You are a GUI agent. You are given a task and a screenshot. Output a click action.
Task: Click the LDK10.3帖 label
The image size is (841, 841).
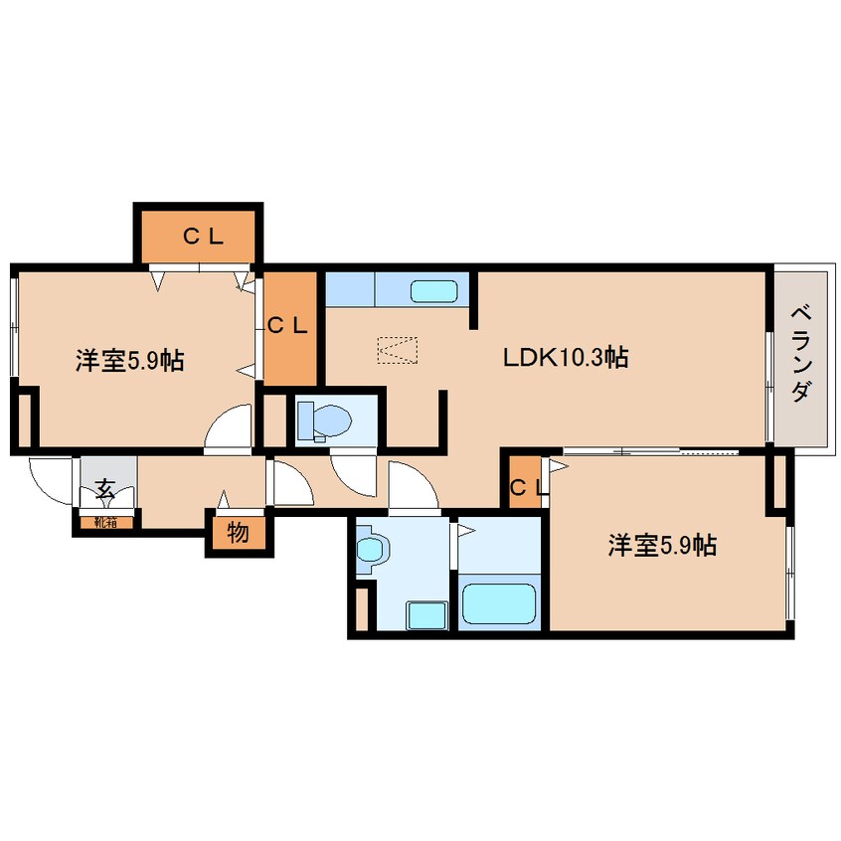tap(565, 358)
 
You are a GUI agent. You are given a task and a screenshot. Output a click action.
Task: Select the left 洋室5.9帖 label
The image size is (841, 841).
tap(129, 361)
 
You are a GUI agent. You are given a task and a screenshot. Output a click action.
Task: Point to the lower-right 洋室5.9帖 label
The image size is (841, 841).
tap(663, 545)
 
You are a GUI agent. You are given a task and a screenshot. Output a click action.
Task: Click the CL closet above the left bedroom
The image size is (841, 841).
tap(199, 237)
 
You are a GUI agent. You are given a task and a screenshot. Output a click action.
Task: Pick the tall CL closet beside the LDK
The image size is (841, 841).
tap(290, 326)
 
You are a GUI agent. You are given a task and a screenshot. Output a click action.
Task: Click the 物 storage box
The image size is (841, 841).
tap(238, 533)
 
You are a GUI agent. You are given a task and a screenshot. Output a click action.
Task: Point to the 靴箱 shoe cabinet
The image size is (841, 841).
tap(105, 520)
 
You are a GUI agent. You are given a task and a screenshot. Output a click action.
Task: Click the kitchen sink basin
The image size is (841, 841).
tap(434, 291)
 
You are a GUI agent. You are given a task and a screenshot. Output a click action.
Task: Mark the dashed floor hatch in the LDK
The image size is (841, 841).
tap(398, 350)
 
